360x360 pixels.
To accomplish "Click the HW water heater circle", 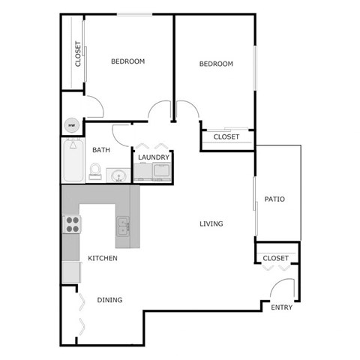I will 72,125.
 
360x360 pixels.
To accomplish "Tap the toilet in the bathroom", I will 95,172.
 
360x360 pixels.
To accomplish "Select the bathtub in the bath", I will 72,159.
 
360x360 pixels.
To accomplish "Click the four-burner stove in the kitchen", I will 72,223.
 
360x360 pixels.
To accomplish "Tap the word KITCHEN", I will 103,258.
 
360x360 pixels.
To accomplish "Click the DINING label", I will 109,300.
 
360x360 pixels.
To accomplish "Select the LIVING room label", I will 211,223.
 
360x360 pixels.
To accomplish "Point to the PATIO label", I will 274,199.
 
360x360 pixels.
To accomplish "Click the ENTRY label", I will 282,307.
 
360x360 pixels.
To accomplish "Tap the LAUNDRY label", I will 153,157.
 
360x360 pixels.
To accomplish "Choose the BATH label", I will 101,150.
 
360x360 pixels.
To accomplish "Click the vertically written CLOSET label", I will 78,54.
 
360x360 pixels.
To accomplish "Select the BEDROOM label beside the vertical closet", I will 127,61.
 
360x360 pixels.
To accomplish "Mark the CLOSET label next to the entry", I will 275,258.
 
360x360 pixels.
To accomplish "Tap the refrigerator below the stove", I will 71,271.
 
